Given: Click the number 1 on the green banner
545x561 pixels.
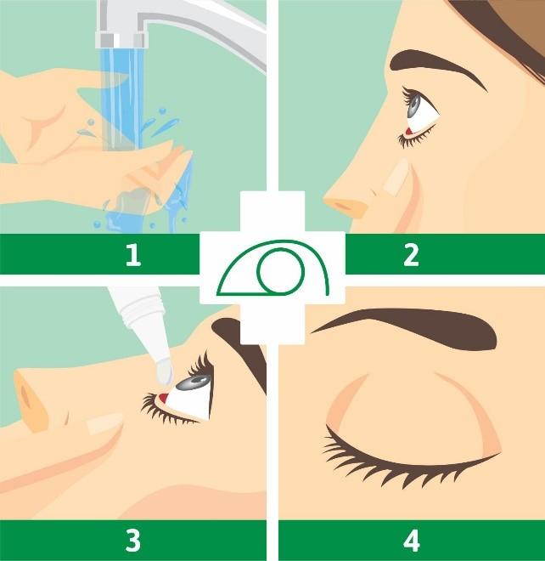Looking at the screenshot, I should pyautogui.click(x=132, y=255).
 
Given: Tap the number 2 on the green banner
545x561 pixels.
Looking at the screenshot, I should pyautogui.click(x=411, y=255).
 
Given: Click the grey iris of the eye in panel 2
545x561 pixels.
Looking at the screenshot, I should pyautogui.click(x=415, y=105).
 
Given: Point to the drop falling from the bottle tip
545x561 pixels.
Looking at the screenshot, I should pyautogui.click(x=165, y=371).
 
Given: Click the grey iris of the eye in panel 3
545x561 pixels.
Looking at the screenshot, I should pyautogui.click(x=197, y=384).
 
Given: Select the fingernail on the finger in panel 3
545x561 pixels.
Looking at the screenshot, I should pyautogui.click(x=102, y=422).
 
